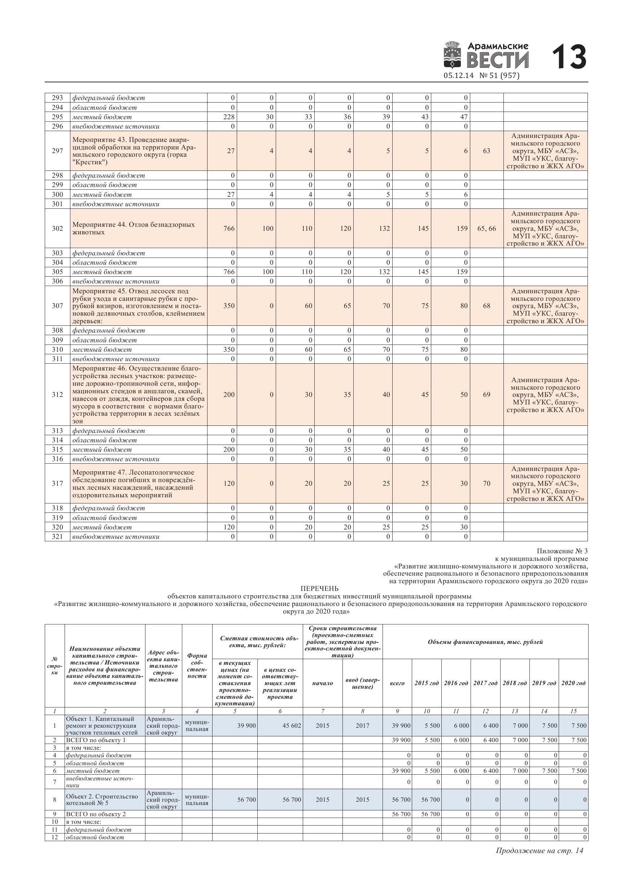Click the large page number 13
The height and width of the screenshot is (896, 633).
[x=569, y=57]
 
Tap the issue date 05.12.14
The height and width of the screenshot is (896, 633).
[x=458, y=76]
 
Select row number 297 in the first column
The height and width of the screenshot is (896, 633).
[x=57, y=151]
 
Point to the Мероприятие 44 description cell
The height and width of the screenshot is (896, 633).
[x=139, y=228]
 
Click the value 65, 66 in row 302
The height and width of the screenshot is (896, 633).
[x=486, y=228]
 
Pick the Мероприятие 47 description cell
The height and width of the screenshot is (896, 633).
[x=139, y=483]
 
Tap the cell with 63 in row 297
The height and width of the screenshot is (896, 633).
[x=486, y=151]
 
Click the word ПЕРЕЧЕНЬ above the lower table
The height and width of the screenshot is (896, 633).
[x=319, y=589]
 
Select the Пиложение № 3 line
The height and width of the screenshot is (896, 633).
[x=562, y=551]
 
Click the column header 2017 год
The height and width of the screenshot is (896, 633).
[x=485, y=683]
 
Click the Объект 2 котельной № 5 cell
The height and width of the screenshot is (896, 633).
[x=105, y=800]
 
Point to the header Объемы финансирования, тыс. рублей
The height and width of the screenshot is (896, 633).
[x=485, y=642]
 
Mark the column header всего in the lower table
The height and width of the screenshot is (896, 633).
[x=397, y=683]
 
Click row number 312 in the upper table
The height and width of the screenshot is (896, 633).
[x=57, y=394]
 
